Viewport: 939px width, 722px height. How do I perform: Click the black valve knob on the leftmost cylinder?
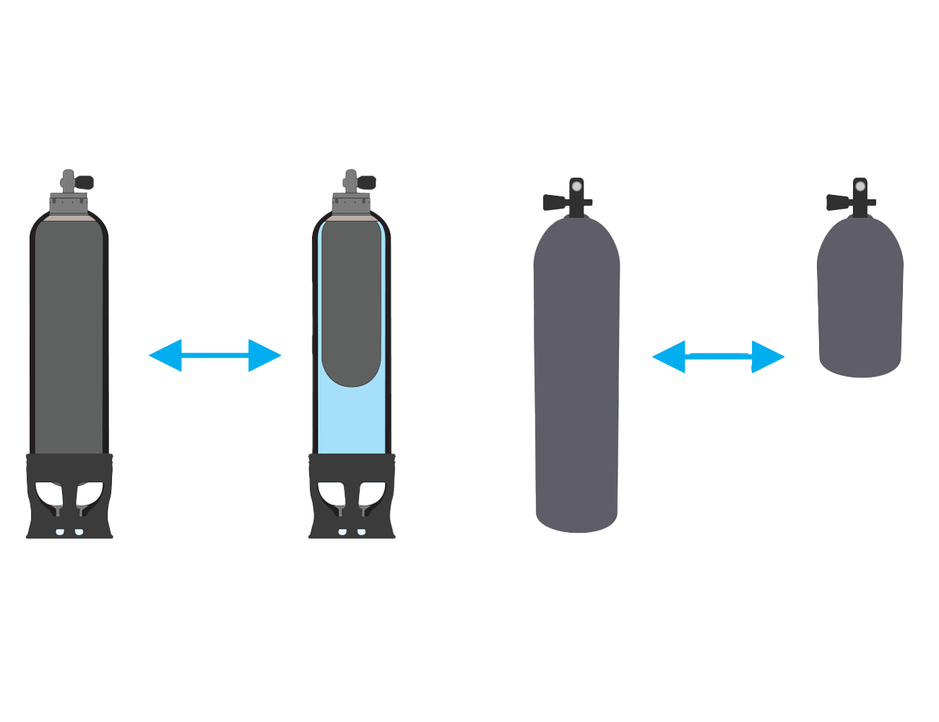tap(85, 182)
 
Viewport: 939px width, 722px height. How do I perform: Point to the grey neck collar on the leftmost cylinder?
tap(69, 204)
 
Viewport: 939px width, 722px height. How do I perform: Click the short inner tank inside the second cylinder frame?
tap(352, 303)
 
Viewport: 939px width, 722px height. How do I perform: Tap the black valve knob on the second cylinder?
tap(367, 182)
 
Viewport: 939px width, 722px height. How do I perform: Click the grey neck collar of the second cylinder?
tap(351, 204)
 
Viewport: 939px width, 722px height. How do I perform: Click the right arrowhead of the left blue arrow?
tap(264, 355)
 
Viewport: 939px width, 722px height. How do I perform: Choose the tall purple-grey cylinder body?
tap(576, 375)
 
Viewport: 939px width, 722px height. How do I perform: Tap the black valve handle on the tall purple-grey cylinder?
tap(554, 203)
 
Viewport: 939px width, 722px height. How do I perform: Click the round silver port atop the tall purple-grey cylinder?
tap(576, 187)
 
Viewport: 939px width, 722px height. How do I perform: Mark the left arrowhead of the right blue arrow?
tap(669, 356)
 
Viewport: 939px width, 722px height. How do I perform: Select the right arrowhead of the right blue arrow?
tap(767, 356)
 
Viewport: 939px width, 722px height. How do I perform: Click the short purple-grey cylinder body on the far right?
tap(860, 303)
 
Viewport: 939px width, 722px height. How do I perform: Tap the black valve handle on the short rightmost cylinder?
tap(838, 203)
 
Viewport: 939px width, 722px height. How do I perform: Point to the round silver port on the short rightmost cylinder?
tap(860, 187)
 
